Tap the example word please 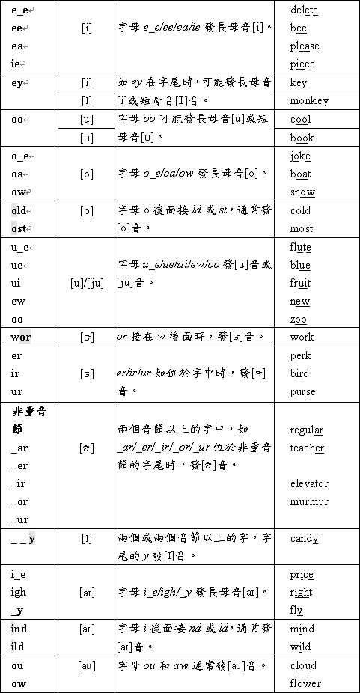click(x=304, y=46)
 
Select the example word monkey click(x=309, y=101)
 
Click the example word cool click(x=300, y=120)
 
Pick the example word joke click(x=300, y=156)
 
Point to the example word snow click(x=302, y=192)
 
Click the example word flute click(x=301, y=247)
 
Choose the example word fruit click(x=300, y=283)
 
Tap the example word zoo click(x=298, y=320)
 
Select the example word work click(x=302, y=338)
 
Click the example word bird click(x=299, y=373)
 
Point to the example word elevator click(x=309, y=483)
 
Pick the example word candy click(x=304, y=538)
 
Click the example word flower click(x=305, y=683)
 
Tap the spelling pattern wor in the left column click(x=21, y=337)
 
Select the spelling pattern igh click(x=19, y=592)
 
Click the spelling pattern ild click(x=19, y=647)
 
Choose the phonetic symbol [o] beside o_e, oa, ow click(x=87, y=174)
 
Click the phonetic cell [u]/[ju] click(x=87, y=283)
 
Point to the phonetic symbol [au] click(x=87, y=665)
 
